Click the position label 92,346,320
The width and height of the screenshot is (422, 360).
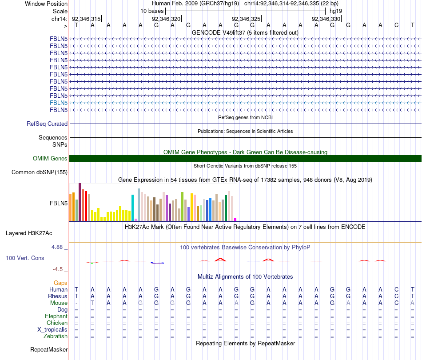click(166, 19)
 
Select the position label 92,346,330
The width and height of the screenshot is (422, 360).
click(326, 19)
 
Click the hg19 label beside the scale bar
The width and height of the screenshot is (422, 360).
click(335, 11)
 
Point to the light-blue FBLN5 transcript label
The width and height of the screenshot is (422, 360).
click(59, 103)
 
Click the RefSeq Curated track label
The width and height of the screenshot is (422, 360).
click(47, 124)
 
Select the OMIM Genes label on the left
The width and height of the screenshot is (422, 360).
click(50, 159)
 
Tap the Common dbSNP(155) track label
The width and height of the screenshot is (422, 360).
click(40, 172)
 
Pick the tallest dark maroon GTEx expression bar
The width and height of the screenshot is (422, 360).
click(80, 202)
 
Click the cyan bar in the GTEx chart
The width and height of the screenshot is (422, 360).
click(132, 208)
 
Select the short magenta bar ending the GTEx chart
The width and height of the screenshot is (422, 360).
click(235, 220)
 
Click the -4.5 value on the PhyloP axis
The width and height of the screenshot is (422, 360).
click(59, 269)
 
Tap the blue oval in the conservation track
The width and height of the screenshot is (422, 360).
click(158, 263)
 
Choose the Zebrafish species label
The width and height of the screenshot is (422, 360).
click(55, 336)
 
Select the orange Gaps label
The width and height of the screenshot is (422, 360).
click(60, 283)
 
